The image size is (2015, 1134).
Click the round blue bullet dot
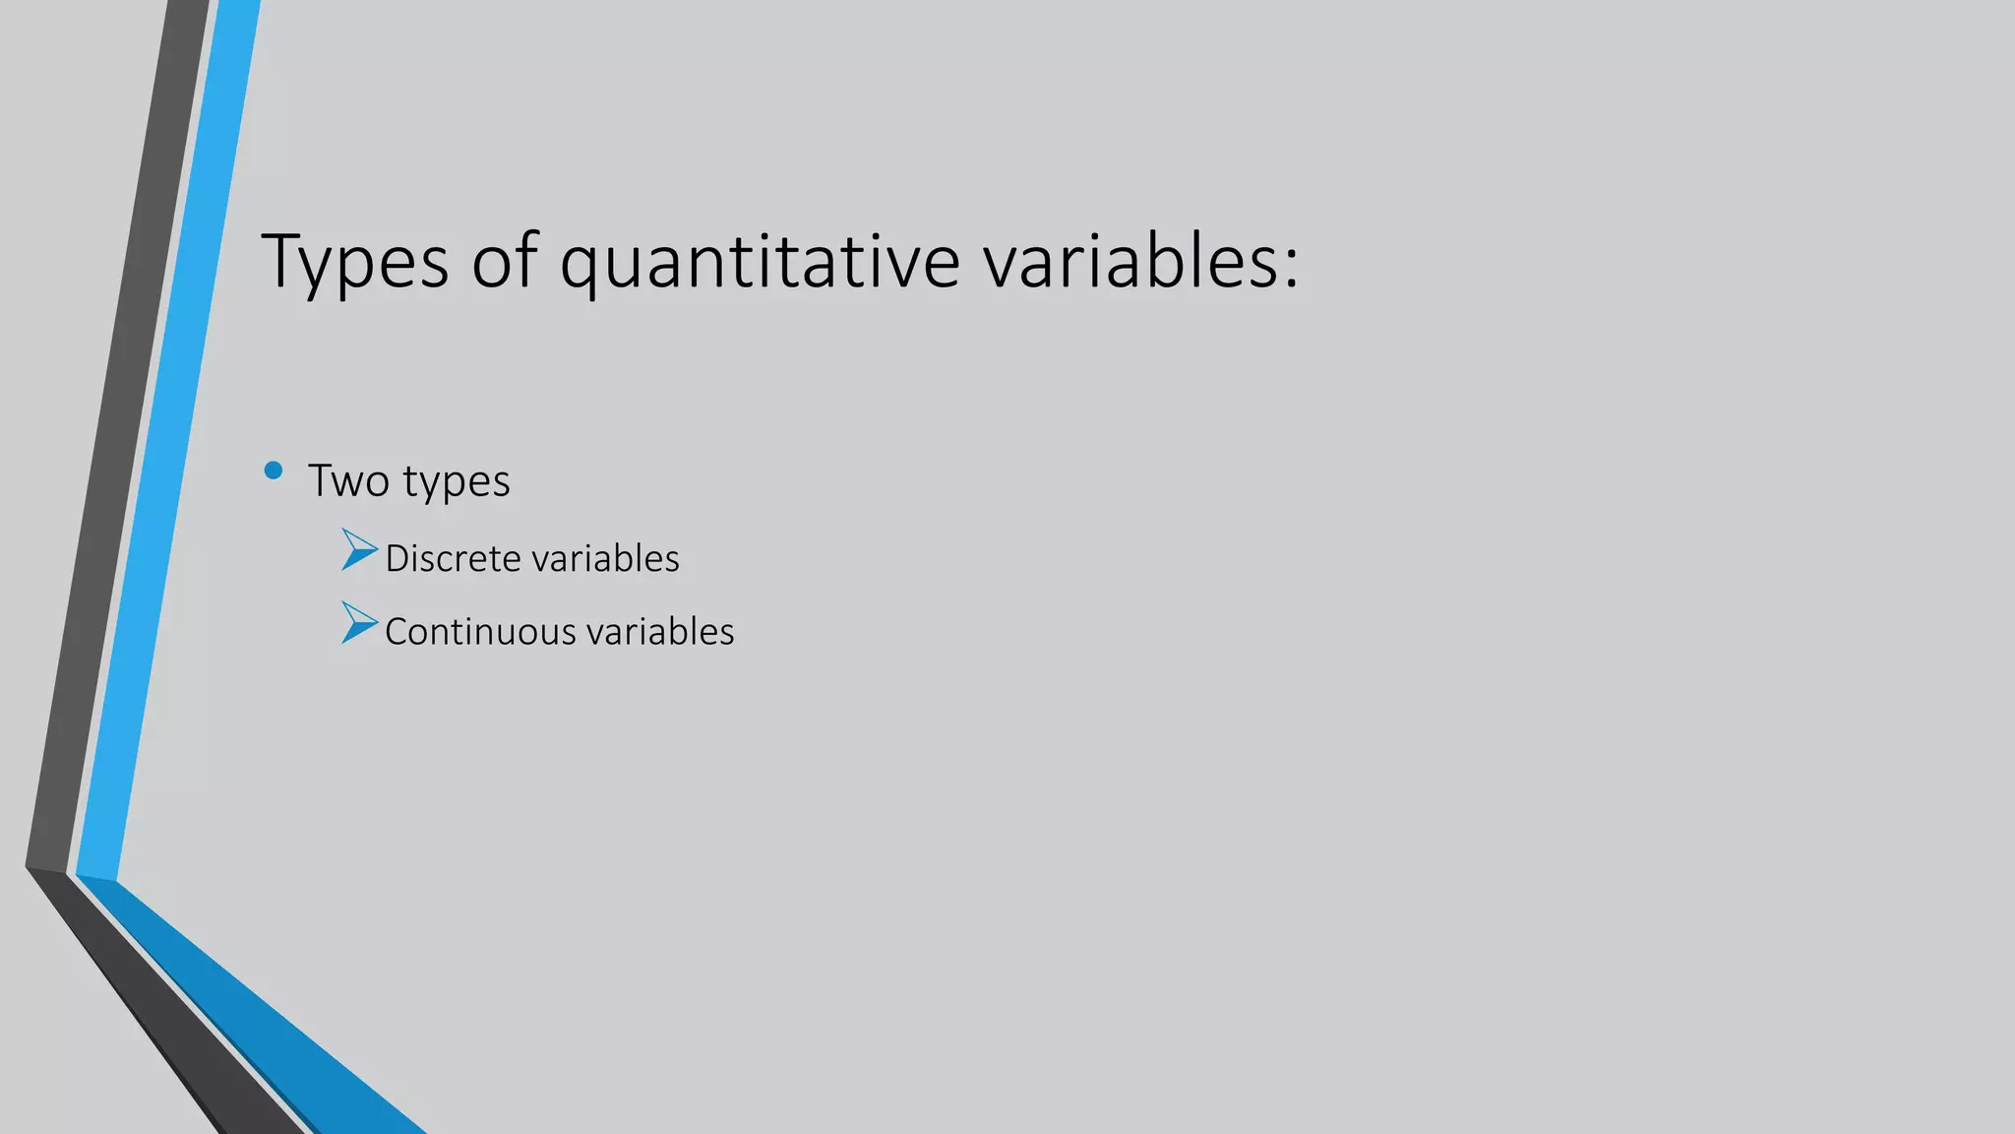point(274,471)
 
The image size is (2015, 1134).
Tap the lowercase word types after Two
point(457,483)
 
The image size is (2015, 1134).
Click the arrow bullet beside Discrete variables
point(358,550)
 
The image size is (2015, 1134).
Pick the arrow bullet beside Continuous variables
point(358,623)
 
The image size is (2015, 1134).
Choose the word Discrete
point(453,558)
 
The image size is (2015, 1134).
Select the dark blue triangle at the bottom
point(275,1034)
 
